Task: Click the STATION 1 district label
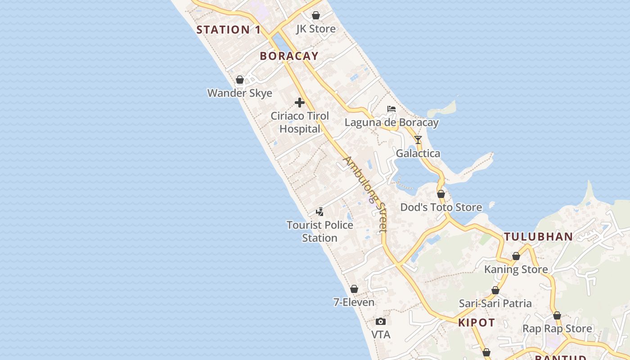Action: [x=229, y=30]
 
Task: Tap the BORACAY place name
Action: [x=289, y=56]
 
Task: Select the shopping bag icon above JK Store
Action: [x=316, y=16]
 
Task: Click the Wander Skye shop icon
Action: [x=240, y=80]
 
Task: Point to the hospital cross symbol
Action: [x=300, y=103]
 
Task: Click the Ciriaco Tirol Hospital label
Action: [x=300, y=122]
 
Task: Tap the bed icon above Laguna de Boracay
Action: [x=391, y=109]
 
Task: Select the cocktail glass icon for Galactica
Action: [x=418, y=140]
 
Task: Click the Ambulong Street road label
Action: [x=365, y=194]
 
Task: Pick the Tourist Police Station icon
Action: [x=320, y=211]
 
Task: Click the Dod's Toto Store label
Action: [x=441, y=207]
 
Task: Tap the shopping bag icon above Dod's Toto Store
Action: [x=441, y=194]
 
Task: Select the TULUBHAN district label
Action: [x=538, y=237]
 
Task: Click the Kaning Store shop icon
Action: [x=516, y=256]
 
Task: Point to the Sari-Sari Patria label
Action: [x=495, y=303]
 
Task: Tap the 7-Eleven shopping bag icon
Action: [x=354, y=289]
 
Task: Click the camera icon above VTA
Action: [x=381, y=321]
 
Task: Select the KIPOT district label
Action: [x=477, y=323]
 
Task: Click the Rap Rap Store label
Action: [x=557, y=329]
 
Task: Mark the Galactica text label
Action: [x=418, y=153]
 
